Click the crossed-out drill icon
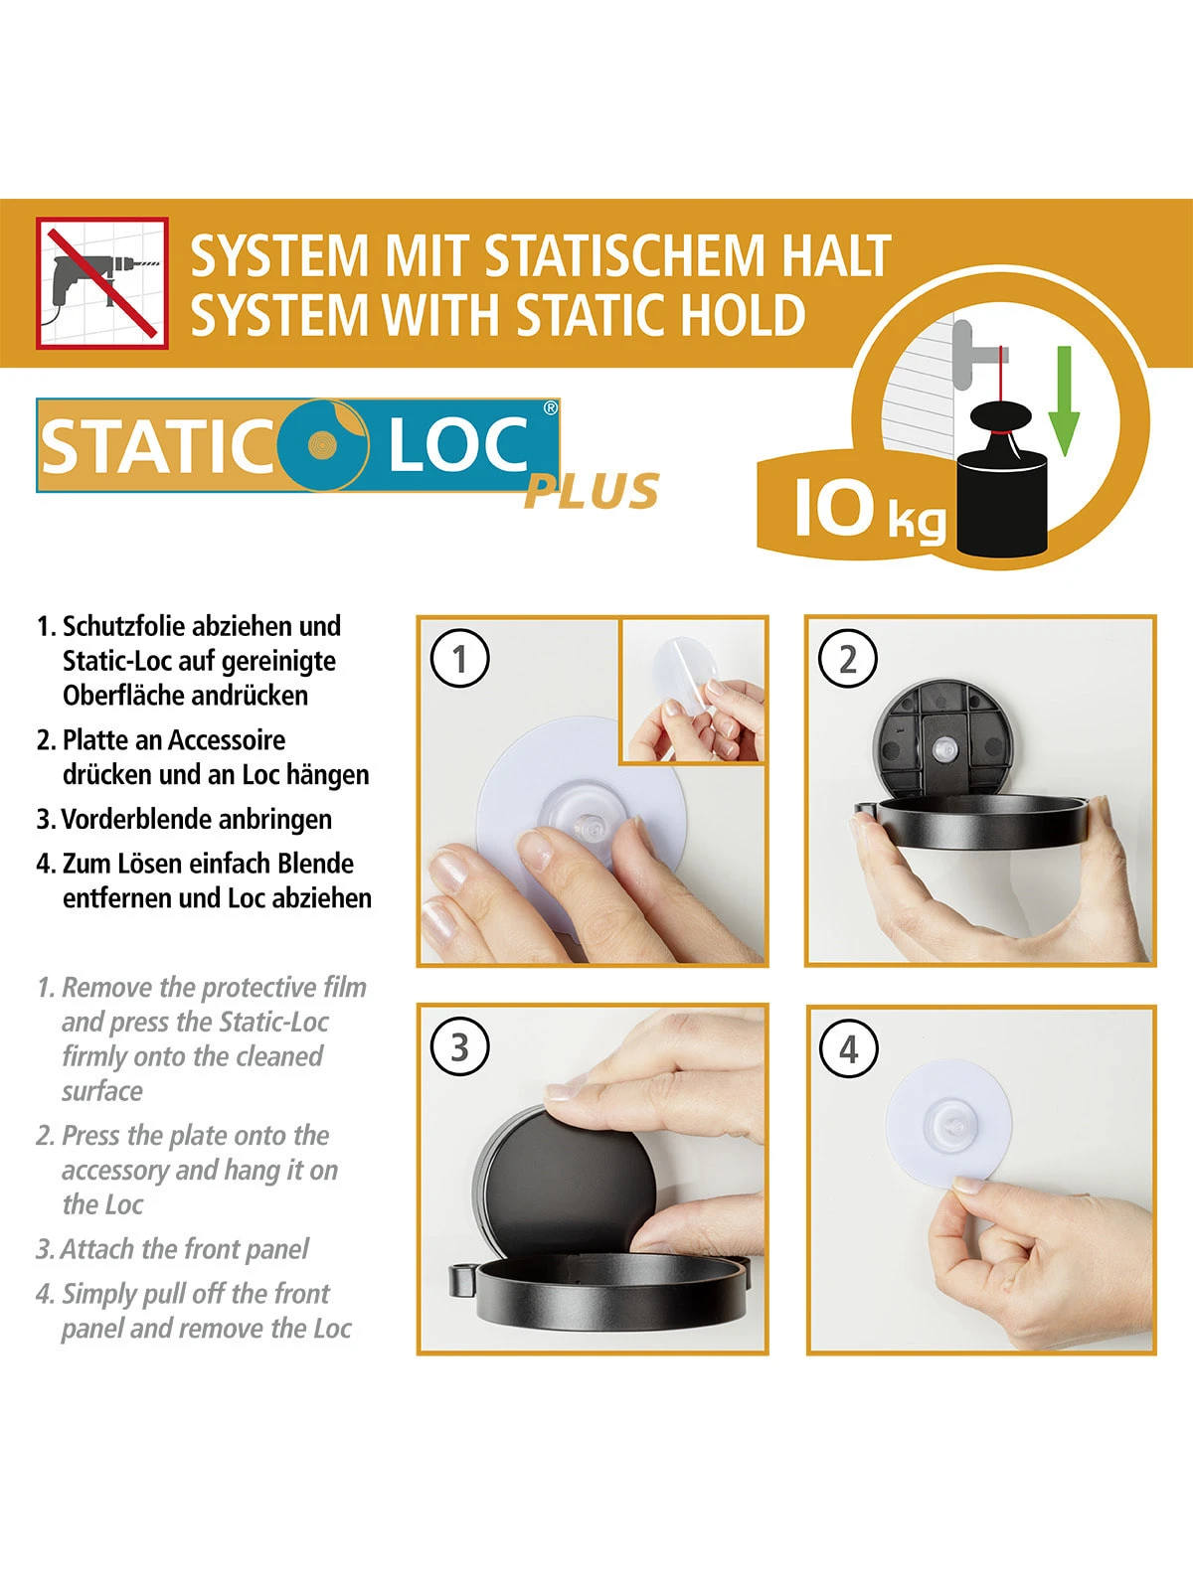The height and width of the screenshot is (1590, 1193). (x=102, y=283)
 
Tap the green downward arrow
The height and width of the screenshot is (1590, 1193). (x=1064, y=400)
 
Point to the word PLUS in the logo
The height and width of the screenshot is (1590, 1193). (x=592, y=491)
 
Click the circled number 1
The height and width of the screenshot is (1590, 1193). (x=459, y=659)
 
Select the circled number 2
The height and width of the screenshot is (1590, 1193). (x=847, y=659)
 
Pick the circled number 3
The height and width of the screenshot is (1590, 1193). (x=459, y=1047)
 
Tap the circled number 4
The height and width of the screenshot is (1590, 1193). (x=848, y=1048)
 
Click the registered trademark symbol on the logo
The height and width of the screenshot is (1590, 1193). (x=551, y=408)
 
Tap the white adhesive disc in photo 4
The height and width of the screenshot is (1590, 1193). (x=947, y=1124)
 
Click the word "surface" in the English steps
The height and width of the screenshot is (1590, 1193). (x=102, y=1091)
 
